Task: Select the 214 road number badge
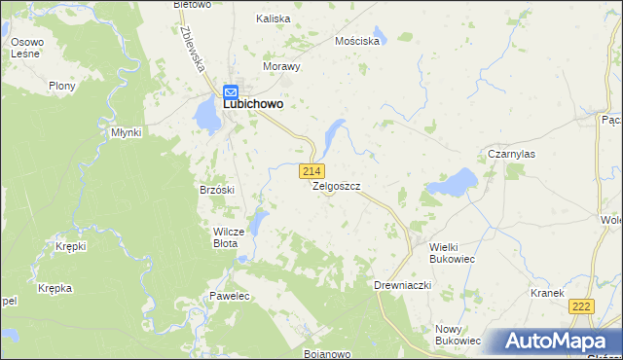[x=312, y=171]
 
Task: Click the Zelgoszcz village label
[x=337, y=186]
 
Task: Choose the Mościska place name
[x=355, y=42]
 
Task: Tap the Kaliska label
[x=274, y=18]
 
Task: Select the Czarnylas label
[x=512, y=154]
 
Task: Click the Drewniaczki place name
[x=402, y=285]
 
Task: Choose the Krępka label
[x=55, y=289]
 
